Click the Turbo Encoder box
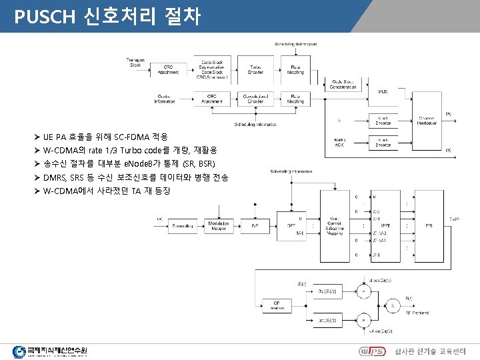(255, 69)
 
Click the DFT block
(291, 225)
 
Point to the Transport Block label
(135, 63)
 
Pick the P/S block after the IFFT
(428, 225)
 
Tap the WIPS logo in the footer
(371, 350)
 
